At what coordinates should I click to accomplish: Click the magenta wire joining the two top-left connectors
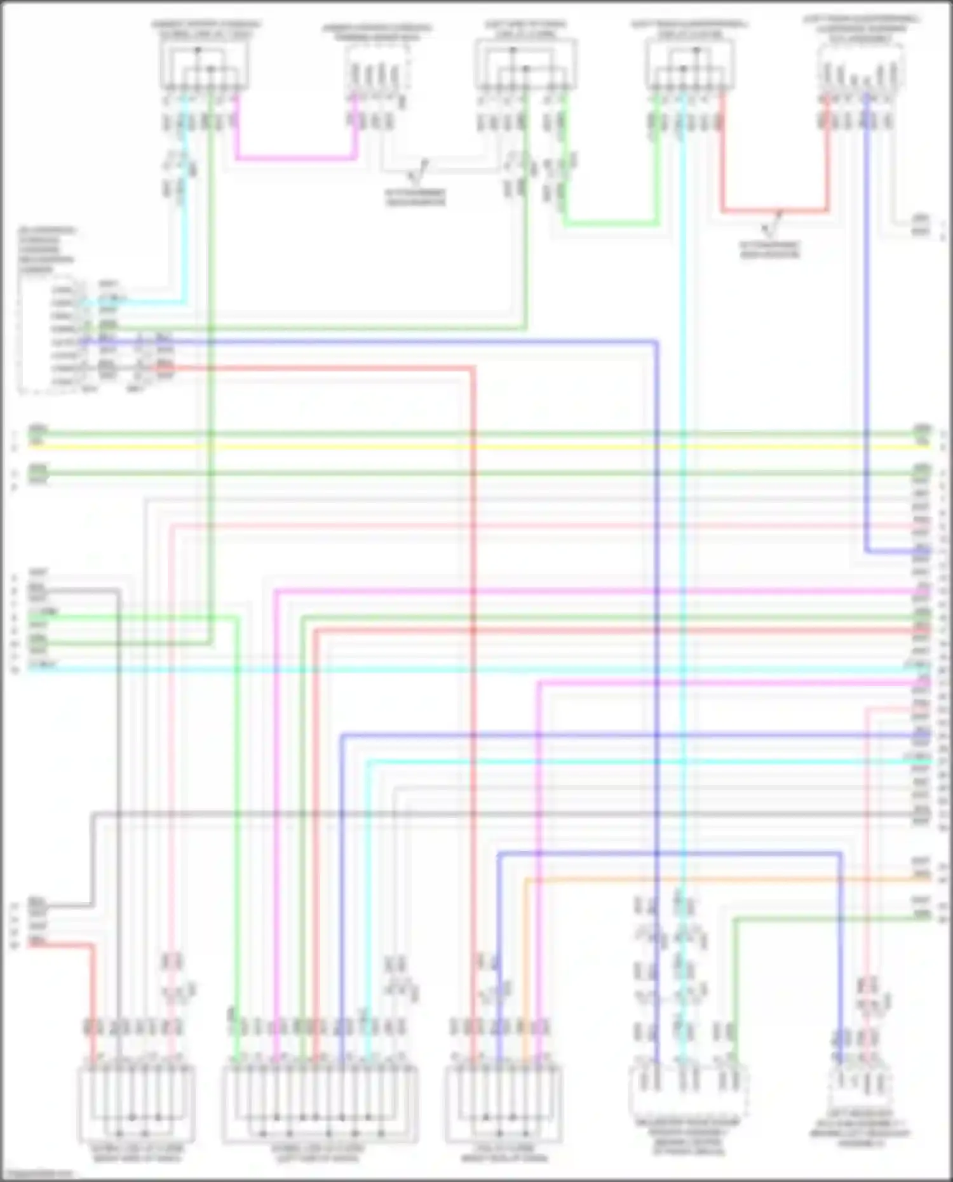(x=295, y=157)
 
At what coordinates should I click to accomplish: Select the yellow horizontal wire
(x=476, y=447)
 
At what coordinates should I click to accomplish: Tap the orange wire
(x=699, y=880)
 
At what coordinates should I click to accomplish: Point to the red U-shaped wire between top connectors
(x=775, y=210)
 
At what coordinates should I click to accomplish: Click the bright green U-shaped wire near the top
(x=610, y=224)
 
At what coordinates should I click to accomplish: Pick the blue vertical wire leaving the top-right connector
(x=867, y=318)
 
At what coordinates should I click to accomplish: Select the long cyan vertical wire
(x=683, y=508)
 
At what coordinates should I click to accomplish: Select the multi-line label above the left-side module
(x=46, y=250)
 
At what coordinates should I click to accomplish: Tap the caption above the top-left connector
(x=205, y=29)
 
